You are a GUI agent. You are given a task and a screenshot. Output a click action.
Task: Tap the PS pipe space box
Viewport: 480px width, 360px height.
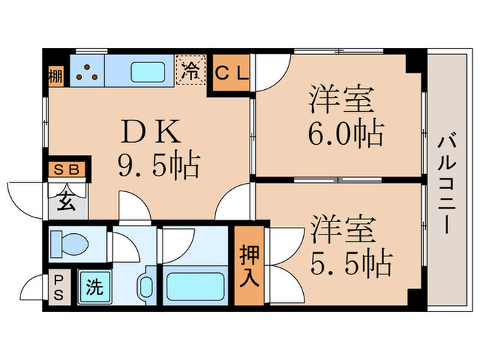click(58, 287)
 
